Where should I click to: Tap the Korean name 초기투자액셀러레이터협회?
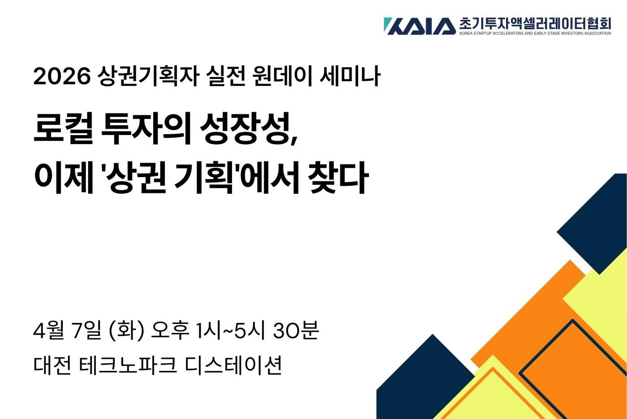click(535, 23)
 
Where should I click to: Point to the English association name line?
click(535, 33)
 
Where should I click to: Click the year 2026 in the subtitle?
click(62, 77)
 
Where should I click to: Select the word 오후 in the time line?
click(170, 331)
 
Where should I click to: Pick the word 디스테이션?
click(233, 365)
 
